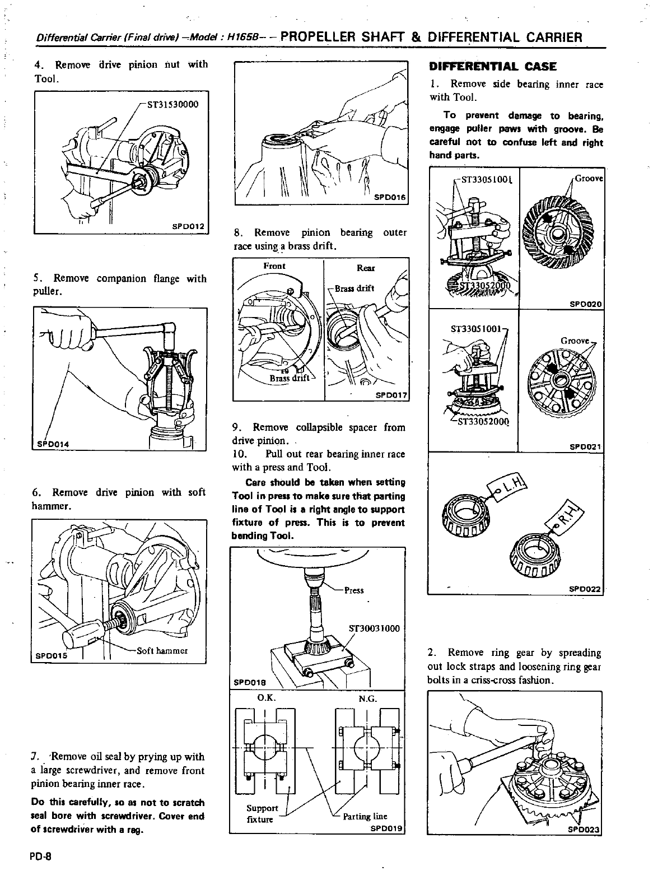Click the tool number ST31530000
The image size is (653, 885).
(172, 104)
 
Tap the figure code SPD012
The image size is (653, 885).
(189, 226)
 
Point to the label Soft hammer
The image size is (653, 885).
(162, 651)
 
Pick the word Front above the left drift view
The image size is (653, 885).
(274, 266)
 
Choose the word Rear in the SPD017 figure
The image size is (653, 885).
(366, 268)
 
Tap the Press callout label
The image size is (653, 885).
(353, 590)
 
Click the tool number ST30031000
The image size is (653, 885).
(374, 628)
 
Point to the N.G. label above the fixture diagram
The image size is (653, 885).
(368, 698)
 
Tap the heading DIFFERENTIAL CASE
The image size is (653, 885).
(492, 67)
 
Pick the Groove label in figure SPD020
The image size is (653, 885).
(589, 179)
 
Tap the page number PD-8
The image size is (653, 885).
(41, 856)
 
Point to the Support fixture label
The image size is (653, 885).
(262, 814)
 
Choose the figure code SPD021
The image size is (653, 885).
(585, 447)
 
